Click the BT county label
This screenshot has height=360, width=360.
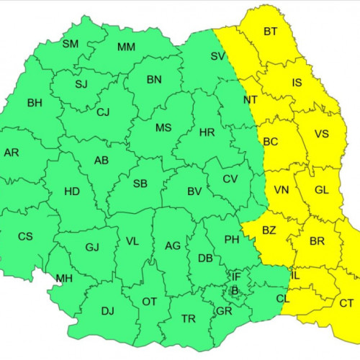pyautogui.click(x=271, y=31)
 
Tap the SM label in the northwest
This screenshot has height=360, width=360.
pyautogui.click(x=71, y=44)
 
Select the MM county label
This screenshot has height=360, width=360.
pyautogui.click(x=126, y=48)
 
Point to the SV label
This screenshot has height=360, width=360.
pyautogui.click(x=218, y=55)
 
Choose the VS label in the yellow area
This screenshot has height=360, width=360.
pyautogui.click(x=321, y=133)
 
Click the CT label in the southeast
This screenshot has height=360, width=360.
pyautogui.click(x=346, y=303)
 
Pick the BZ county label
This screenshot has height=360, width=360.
pyautogui.click(x=269, y=230)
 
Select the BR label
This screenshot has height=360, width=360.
pyautogui.click(x=318, y=241)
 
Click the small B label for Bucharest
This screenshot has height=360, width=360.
pyautogui.click(x=233, y=290)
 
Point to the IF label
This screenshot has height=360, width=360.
pyautogui.click(x=236, y=276)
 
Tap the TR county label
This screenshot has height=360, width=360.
pyautogui.click(x=189, y=319)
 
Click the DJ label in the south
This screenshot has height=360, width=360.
pyautogui.click(x=107, y=311)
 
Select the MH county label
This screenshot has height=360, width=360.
pyautogui.click(x=64, y=279)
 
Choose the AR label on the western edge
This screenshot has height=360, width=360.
pyautogui.click(x=12, y=153)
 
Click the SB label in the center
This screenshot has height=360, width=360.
pyautogui.click(x=140, y=184)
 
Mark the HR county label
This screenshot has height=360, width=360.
pyautogui.click(x=207, y=133)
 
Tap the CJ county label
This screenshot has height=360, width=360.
pyautogui.click(x=104, y=112)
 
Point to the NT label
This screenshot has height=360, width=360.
pyautogui.click(x=251, y=99)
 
